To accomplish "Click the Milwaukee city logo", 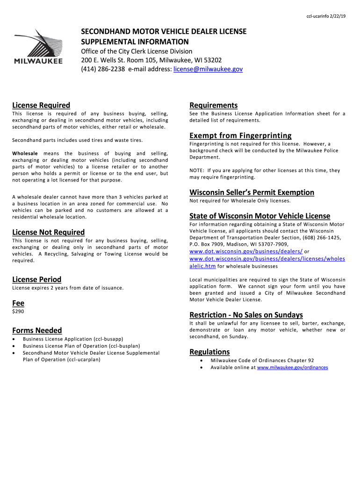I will click(38, 47).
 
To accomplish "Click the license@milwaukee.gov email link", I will click(208, 69).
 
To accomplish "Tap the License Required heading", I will click(41, 105).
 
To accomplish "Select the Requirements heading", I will click(213, 105).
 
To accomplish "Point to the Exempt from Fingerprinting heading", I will click(240, 136).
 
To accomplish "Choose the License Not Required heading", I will click(48, 232).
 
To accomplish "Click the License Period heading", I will click(36, 280).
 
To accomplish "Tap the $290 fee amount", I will click(18, 312).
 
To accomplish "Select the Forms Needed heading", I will click(37, 330).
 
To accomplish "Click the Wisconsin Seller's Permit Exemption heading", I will click(252, 192).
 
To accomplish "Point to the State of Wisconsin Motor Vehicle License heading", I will click(259, 216).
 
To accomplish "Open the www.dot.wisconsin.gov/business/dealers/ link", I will click(246, 252).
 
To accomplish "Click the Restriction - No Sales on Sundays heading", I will click(246, 314).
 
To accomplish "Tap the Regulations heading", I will click(209, 352).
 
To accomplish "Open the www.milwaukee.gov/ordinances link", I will click(292, 368).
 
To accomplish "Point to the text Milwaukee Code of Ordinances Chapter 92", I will click(262, 361).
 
